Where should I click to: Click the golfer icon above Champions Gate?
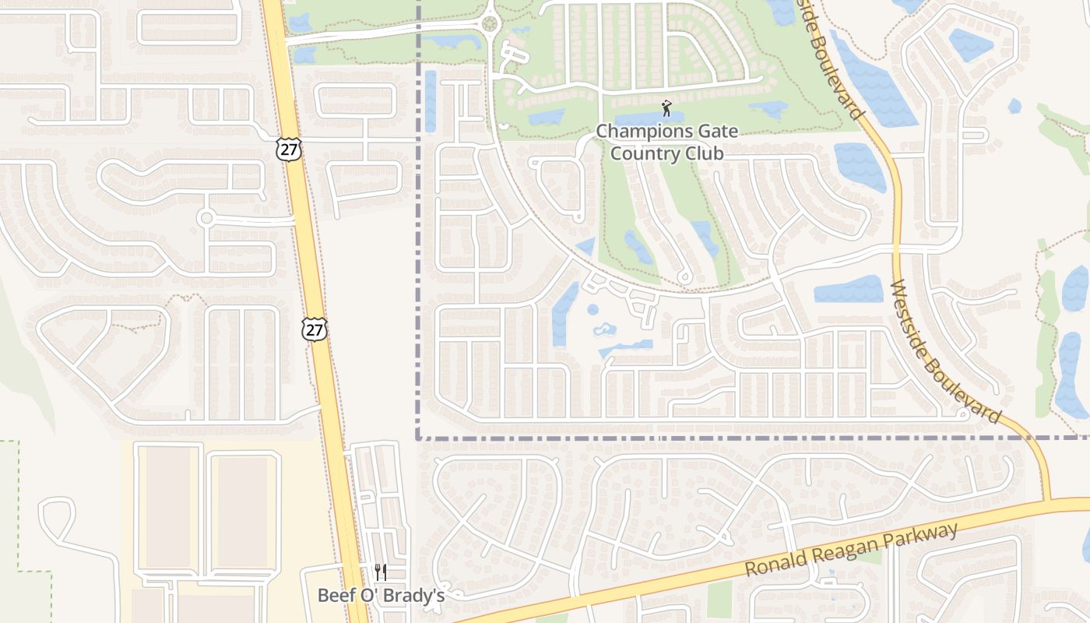coord(666,108)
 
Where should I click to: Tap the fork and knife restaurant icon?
coord(381,572)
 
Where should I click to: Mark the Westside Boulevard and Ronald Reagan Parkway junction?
coord(1048,501)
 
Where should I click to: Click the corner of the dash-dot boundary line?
coord(418,438)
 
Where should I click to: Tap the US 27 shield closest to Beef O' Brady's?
coord(314,329)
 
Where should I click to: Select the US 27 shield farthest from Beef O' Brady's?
coord(288,149)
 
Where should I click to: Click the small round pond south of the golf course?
coord(593,309)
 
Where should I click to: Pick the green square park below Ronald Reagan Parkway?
coord(720,599)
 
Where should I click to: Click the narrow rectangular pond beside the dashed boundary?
coord(431,101)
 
